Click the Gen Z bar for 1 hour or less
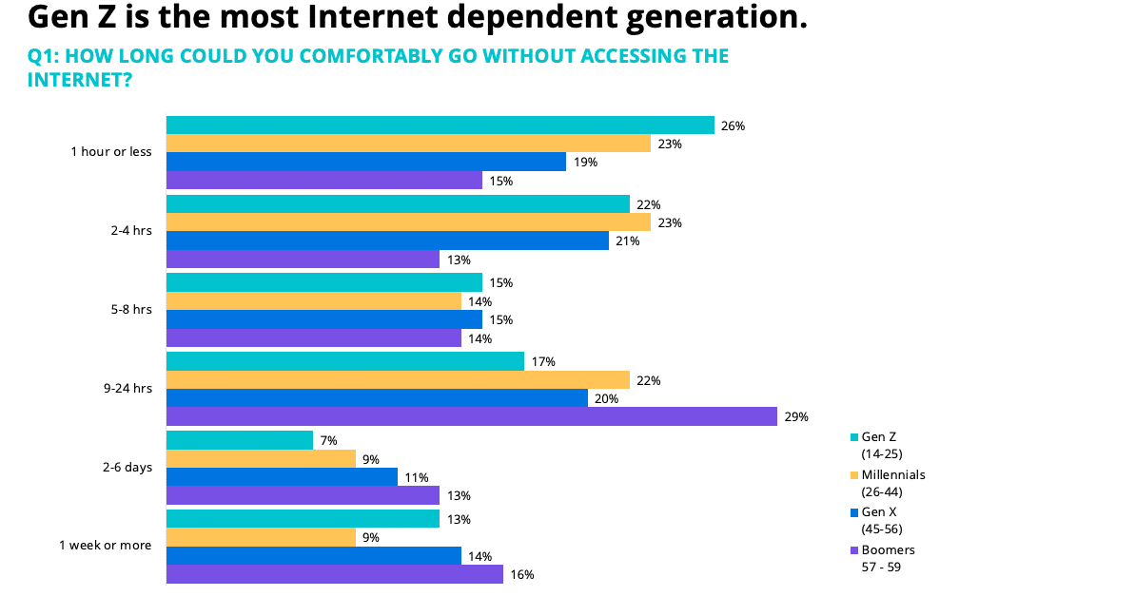click(440, 125)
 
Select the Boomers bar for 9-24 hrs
click(472, 416)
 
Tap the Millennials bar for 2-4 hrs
click(408, 222)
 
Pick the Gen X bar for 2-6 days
click(282, 477)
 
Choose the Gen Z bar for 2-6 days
click(240, 440)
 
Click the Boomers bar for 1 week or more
click(335, 574)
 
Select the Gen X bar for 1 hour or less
click(366, 162)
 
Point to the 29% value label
click(796, 416)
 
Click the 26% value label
click(733, 125)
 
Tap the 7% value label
click(328, 441)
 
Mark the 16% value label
click(522, 574)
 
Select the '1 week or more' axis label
click(105, 546)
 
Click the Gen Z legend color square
click(853, 437)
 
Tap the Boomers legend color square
click(853, 550)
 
